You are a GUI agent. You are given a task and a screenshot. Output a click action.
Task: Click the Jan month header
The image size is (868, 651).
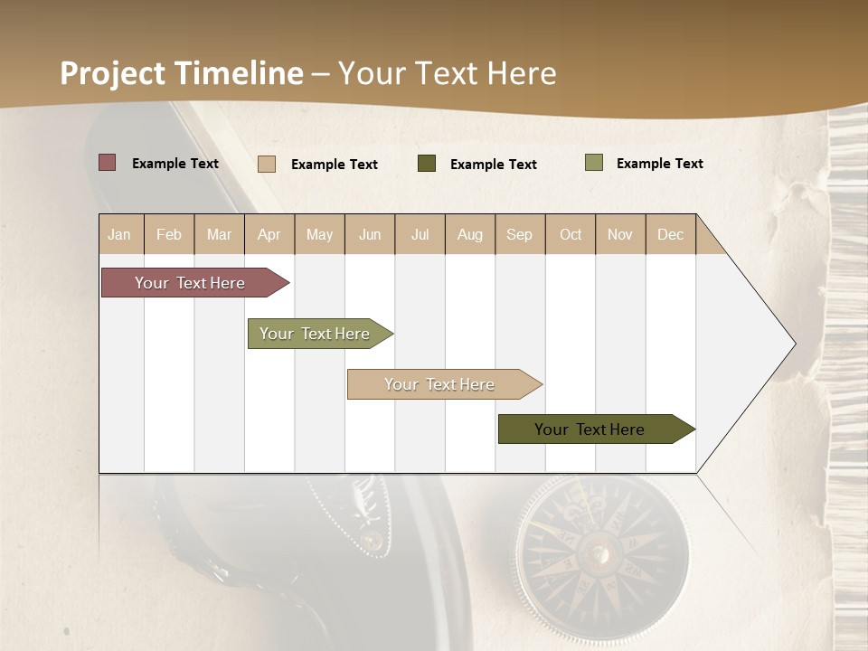119,234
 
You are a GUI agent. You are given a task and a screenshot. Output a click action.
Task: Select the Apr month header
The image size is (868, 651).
269,234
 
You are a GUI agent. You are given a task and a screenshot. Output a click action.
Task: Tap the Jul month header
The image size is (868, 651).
420,234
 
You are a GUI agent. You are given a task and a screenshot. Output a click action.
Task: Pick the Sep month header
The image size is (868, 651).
519,234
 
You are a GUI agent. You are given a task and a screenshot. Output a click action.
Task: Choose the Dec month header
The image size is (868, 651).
670,234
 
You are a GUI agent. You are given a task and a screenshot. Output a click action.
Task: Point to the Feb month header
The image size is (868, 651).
169,234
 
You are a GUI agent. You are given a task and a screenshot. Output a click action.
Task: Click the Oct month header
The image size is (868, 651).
571,234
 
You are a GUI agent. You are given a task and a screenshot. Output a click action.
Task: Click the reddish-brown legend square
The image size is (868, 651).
107,163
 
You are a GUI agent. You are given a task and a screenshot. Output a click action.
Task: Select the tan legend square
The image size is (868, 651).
266,164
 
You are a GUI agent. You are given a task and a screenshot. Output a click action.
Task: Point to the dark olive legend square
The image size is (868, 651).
427,164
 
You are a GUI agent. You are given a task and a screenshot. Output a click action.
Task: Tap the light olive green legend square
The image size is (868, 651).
593,163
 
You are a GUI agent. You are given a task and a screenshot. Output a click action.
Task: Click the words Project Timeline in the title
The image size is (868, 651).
181,73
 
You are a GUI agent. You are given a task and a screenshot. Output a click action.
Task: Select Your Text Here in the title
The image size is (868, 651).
447,73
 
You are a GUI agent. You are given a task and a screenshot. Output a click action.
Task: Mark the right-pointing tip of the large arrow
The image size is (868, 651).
794,344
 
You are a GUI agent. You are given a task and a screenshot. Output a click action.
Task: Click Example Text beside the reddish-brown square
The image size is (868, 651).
175,164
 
